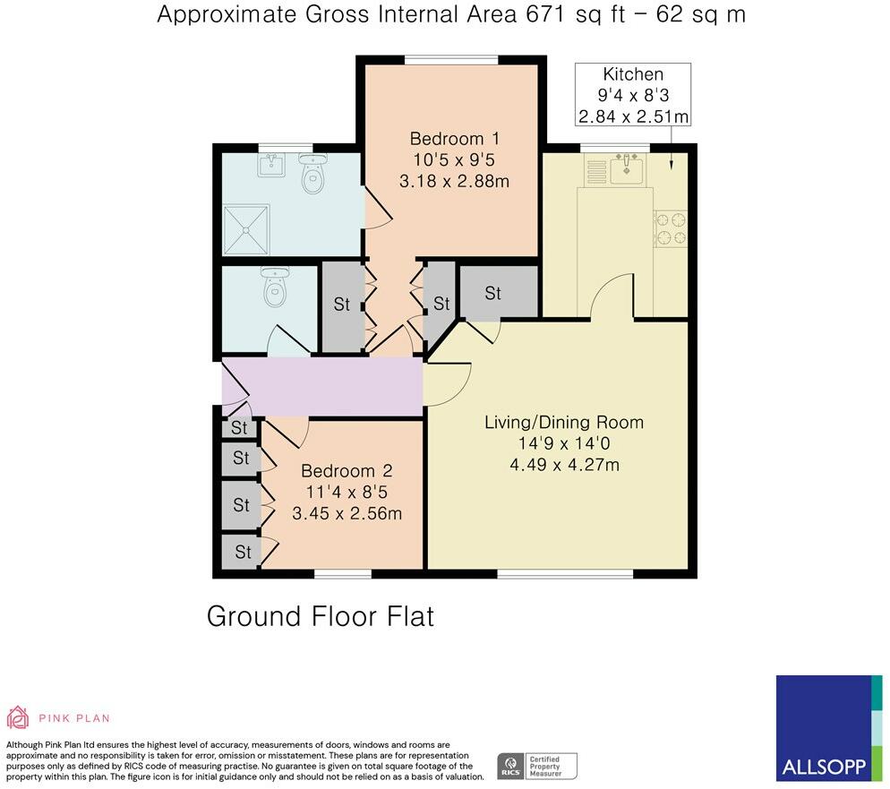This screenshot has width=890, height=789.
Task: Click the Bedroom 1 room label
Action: pyautogui.click(x=455, y=139)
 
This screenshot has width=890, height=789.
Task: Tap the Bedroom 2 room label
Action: pyautogui.click(x=347, y=470)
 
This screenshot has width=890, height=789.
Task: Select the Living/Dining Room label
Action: pyautogui.click(x=564, y=423)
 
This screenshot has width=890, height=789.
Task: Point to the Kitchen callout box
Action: pyautogui.click(x=633, y=94)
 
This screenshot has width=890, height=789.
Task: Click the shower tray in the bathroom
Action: pyautogui.click(x=246, y=230)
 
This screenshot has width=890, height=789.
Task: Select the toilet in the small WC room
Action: pyautogui.click(x=275, y=287)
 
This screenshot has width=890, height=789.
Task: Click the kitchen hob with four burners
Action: pyautogui.click(x=671, y=228)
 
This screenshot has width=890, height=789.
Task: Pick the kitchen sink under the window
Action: pyautogui.click(x=627, y=168)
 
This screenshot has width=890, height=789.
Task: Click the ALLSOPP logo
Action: pyautogui.click(x=829, y=728)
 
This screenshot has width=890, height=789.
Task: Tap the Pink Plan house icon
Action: pyautogui.click(x=18, y=717)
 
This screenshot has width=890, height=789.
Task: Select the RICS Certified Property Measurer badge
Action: pyautogui.click(x=537, y=767)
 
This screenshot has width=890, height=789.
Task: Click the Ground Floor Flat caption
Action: pyautogui.click(x=321, y=616)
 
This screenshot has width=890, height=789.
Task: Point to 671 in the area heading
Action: pyautogui.click(x=545, y=14)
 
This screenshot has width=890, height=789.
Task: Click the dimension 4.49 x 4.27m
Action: pyautogui.click(x=564, y=465)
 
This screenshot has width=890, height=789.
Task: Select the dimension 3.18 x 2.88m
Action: pyautogui.click(x=455, y=181)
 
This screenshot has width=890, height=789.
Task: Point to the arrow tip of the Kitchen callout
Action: pyautogui.click(x=672, y=169)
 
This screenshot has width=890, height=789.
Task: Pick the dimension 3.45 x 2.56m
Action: pyautogui.click(x=347, y=514)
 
